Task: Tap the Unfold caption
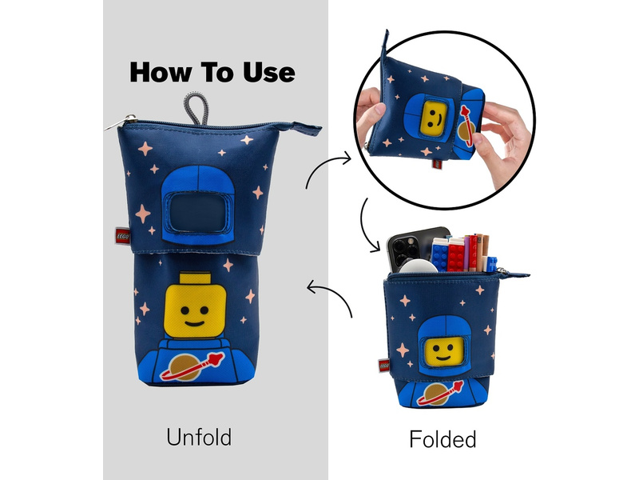coord(199,437)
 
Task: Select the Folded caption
coord(443,439)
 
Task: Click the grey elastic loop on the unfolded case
coord(196,108)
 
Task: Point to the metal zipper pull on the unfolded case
coord(121,122)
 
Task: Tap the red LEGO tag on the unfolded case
coord(123,236)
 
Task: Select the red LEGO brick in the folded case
coord(456,256)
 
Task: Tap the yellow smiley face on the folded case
coord(442,352)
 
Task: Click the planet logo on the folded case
coord(440,394)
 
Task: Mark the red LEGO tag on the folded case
coord(384,366)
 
